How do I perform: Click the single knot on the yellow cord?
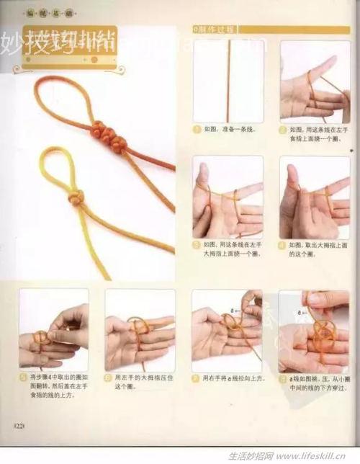77,197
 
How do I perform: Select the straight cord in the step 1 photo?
229,79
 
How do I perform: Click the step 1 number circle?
197,130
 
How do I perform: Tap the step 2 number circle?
283,130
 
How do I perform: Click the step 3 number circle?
197,245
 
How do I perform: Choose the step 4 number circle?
283,245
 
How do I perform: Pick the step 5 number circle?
23,377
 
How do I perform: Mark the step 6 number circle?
109,377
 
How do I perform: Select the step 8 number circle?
282,377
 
